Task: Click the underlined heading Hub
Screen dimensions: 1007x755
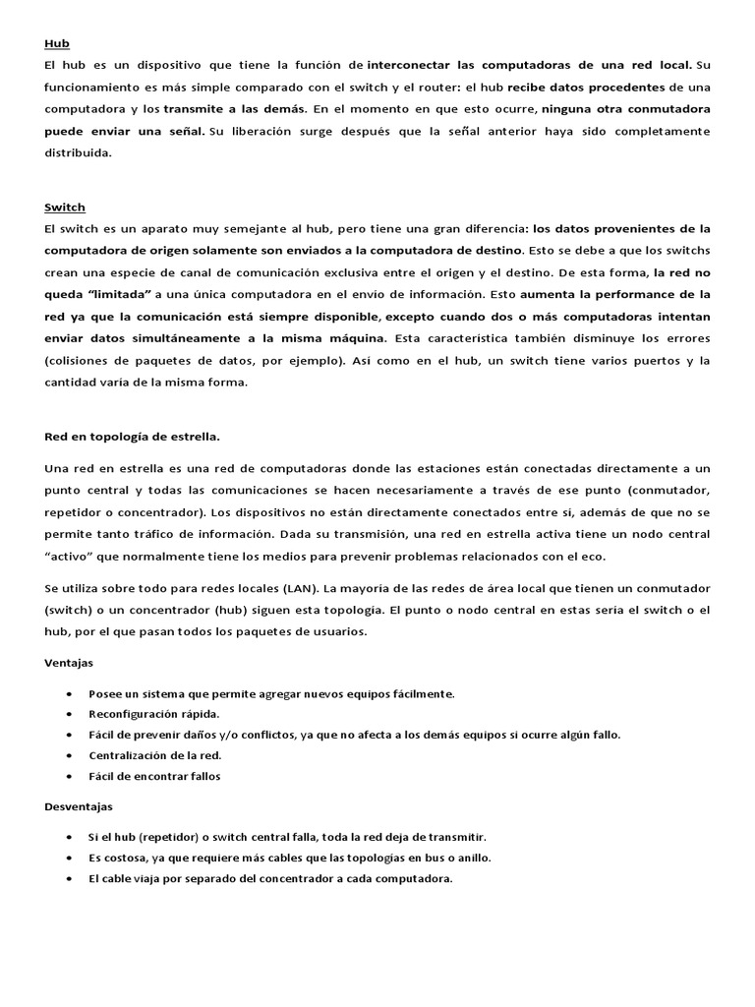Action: click(x=56, y=44)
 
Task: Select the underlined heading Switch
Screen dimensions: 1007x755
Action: click(x=65, y=207)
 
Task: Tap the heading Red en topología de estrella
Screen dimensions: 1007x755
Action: click(x=133, y=436)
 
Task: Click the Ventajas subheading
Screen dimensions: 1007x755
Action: click(x=69, y=663)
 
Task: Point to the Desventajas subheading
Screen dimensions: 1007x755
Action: click(x=79, y=806)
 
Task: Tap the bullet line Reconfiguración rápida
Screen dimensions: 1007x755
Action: click(x=154, y=714)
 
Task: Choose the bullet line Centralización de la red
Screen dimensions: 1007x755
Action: click(x=154, y=755)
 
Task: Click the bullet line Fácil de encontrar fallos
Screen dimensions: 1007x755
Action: click(x=154, y=776)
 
